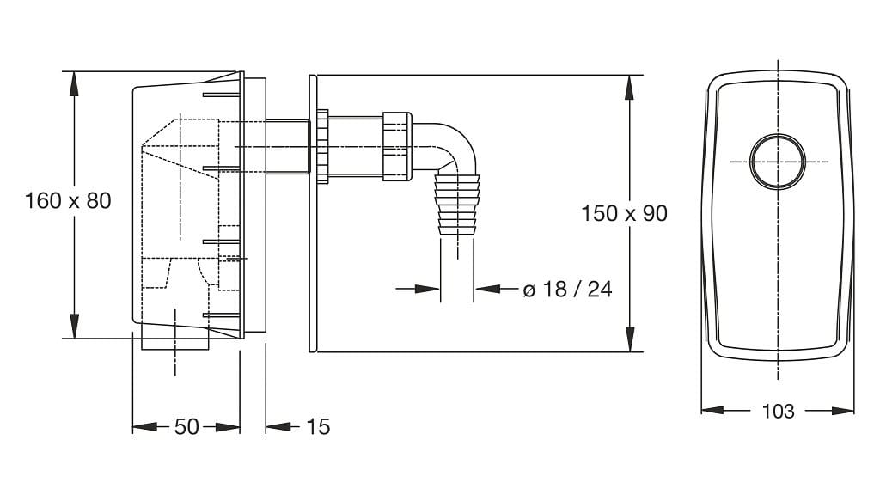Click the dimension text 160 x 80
pyautogui.click(x=69, y=201)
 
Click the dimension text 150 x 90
pyautogui.click(x=624, y=213)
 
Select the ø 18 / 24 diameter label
pyautogui.click(x=567, y=290)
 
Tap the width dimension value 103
pyautogui.click(x=778, y=411)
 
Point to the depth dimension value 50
pyautogui.click(x=186, y=426)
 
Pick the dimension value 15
pyautogui.click(x=317, y=426)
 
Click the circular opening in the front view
pyautogui.click(x=779, y=161)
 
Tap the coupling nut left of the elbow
pyautogui.click(x=398, y=146)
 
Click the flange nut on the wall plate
pyautogui.click(x=323, y=146)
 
